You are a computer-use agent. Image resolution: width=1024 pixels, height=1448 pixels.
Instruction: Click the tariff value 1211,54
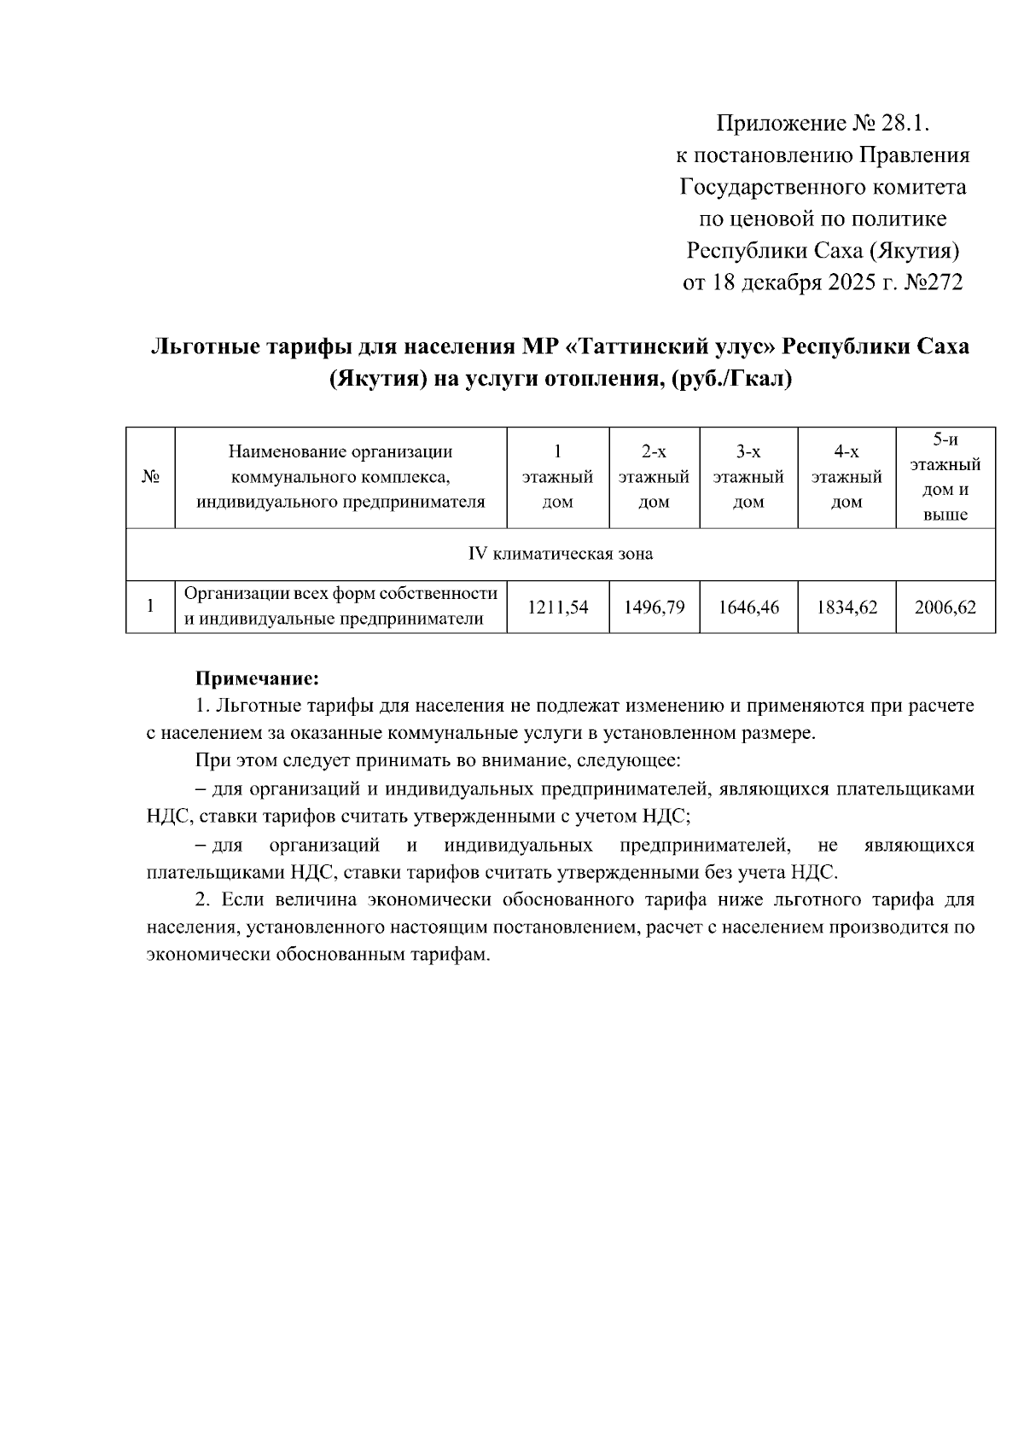[558, 608]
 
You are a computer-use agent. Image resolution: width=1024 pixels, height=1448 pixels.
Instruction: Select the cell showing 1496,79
[654, 608]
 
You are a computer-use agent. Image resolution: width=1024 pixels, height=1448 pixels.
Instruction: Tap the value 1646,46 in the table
[748, 608]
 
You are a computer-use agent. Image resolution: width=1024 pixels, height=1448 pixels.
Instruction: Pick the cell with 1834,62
[847, 608]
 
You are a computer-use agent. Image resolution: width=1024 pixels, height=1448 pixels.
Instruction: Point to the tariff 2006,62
[945, 608]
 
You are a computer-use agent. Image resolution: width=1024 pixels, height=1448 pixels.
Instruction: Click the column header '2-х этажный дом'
[654, 477]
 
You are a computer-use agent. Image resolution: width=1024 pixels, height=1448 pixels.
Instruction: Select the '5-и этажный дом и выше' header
[945, 477]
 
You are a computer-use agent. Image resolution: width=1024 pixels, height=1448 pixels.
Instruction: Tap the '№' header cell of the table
[150, 477]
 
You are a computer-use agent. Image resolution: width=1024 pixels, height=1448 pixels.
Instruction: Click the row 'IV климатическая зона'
[561, 554]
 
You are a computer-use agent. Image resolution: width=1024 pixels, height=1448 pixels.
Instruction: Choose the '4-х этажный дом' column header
[847, 477]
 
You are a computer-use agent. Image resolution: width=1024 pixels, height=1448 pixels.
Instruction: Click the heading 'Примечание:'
[257, 679]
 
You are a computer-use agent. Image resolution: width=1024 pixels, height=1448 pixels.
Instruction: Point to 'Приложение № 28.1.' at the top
[821, 124]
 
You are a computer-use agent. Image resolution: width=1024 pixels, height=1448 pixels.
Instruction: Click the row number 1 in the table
[150, 608]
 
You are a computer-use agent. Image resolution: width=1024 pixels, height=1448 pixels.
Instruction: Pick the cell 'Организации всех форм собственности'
[341, 594]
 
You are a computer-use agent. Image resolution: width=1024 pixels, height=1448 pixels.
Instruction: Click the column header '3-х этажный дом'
[748, 477]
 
